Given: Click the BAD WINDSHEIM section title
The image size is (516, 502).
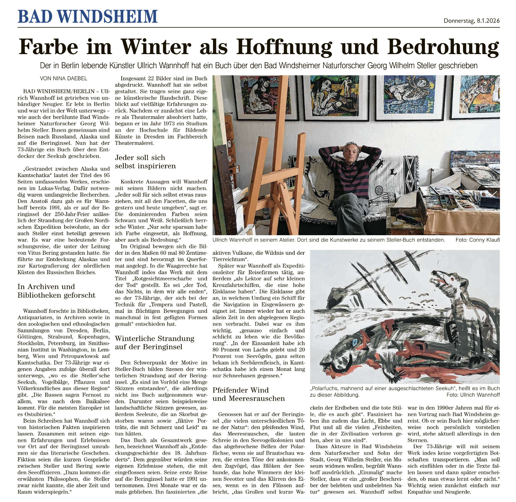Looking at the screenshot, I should coord(87,16).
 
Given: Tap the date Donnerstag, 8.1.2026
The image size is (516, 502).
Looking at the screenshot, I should coord(471,21).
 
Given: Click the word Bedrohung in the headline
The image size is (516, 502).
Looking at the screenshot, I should coord(443,47).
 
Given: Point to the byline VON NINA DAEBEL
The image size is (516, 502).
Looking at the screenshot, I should coord(63,78).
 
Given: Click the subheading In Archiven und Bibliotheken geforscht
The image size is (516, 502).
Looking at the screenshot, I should coord(56,291).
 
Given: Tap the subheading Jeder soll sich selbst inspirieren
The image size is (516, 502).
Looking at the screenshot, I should coord(145,162).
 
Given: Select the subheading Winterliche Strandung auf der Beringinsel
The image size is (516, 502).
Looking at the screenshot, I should coord(155,342).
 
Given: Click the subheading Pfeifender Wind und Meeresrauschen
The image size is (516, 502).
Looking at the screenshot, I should coord(249,394).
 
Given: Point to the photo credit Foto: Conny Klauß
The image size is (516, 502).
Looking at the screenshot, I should coord(477,240).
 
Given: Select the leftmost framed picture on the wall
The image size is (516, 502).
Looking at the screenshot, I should coord(265,97).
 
